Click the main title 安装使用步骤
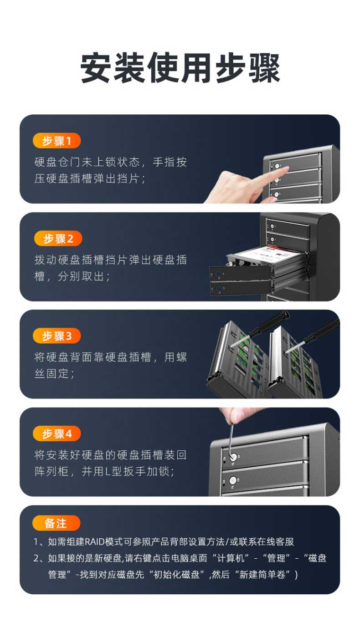180,68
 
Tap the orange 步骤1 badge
57,141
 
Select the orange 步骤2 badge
58,238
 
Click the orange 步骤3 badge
57,336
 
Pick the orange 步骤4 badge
57,433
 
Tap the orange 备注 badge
56,523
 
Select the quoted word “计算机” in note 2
231,558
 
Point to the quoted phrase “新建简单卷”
265,575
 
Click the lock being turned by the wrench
233,456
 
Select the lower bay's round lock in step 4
233,480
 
